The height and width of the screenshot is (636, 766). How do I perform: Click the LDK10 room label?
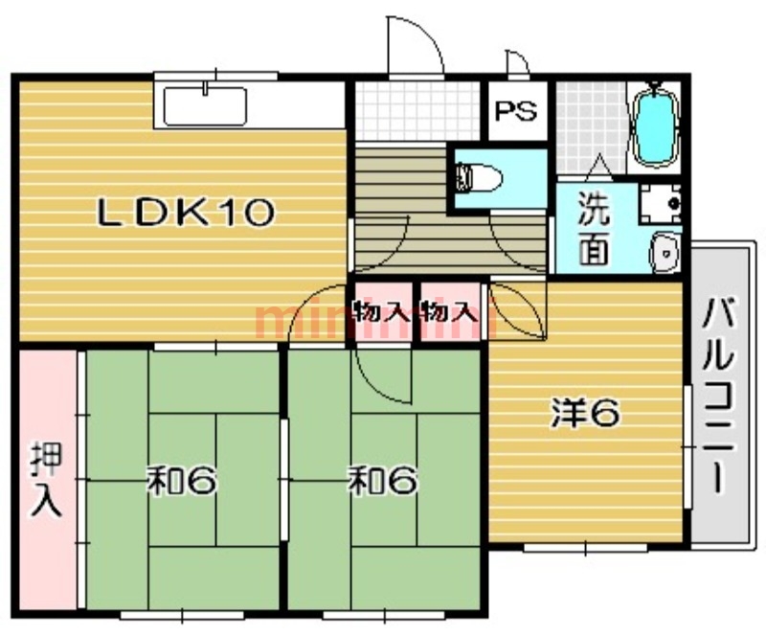[186, 214]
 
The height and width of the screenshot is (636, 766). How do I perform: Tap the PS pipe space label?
[516, 111]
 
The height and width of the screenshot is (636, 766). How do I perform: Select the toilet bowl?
[479, 178]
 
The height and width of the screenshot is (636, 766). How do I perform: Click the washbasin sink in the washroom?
[665, 253]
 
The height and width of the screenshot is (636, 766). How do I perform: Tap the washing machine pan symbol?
[660, 203]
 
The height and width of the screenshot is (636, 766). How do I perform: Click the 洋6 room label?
[586, 412]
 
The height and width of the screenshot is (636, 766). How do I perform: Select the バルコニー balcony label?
[717, 395]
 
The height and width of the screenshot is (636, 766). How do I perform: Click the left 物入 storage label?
[381, 311]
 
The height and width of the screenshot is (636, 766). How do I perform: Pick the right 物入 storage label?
[449, 311]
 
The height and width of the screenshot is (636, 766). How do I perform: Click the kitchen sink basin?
[205, 105]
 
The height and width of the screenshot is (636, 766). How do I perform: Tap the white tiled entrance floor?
[417, 111]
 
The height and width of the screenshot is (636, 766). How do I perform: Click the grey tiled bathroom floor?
[591, 127]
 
